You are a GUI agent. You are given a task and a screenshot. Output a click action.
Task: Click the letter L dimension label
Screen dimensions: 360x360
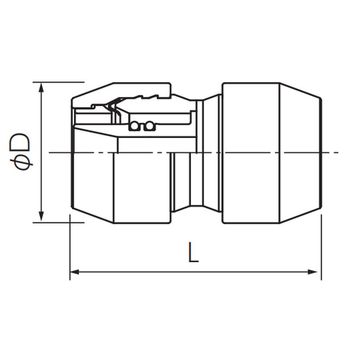coord(193,252)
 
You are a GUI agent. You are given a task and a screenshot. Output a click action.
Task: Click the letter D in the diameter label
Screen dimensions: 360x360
coord(20,142)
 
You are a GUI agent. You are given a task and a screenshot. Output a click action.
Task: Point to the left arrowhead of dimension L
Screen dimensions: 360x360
coord(74,272)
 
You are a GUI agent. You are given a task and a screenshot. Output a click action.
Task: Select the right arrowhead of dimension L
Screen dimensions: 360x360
coord(312,272)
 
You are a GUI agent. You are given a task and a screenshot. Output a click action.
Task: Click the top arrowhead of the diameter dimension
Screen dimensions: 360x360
coord(41,88)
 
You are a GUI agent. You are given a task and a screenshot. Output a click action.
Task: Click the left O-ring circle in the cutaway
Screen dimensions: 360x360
coord(134,126)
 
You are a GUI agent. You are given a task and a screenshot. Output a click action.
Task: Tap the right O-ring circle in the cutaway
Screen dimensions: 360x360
coord(149,126)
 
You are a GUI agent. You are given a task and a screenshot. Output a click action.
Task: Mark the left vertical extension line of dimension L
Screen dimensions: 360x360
coord(70,247)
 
